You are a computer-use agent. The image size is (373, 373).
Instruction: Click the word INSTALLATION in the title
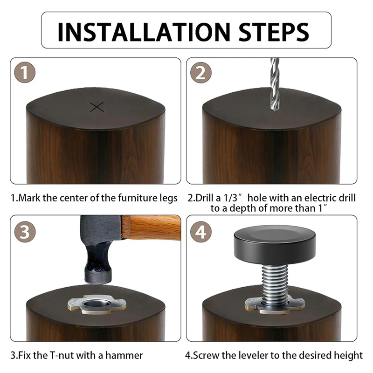(144, 32)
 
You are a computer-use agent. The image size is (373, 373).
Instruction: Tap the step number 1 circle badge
(25, 72)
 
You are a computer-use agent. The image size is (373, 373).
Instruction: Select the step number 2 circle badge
(201, 72)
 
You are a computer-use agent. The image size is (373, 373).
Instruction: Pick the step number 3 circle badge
(25, 232)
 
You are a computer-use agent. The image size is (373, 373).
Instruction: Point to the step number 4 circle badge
(201, 232)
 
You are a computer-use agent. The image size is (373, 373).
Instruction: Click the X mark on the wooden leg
(97, 107)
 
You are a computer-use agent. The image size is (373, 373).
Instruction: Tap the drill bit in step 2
(275, 84)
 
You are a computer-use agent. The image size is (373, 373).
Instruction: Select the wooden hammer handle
(151, 228)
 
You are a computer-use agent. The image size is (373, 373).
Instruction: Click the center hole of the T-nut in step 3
(95, 304)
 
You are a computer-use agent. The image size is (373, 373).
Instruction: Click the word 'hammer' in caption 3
(124, 355)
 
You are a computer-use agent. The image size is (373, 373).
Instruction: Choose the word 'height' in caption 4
(348, 356)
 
